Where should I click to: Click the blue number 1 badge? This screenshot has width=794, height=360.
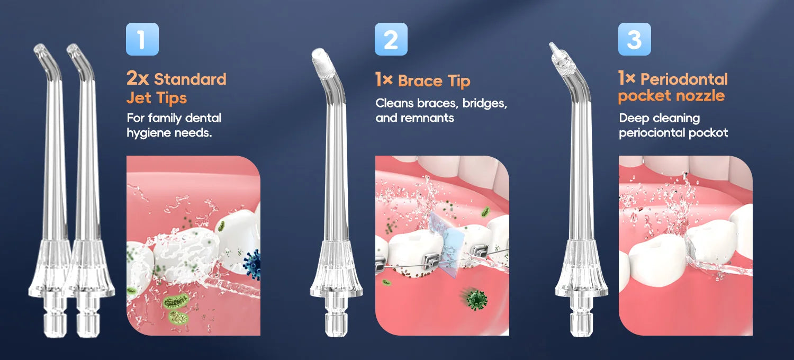142,39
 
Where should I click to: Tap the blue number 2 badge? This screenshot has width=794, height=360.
391,39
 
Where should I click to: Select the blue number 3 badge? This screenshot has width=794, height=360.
635,39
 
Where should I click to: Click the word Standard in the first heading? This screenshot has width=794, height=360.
190,79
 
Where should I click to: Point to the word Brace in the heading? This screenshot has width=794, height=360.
420,81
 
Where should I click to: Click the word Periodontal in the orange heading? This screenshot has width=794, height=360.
684,79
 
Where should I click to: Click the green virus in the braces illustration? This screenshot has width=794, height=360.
476,300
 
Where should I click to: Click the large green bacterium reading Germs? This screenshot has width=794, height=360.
176,302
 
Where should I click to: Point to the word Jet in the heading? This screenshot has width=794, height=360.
139,97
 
